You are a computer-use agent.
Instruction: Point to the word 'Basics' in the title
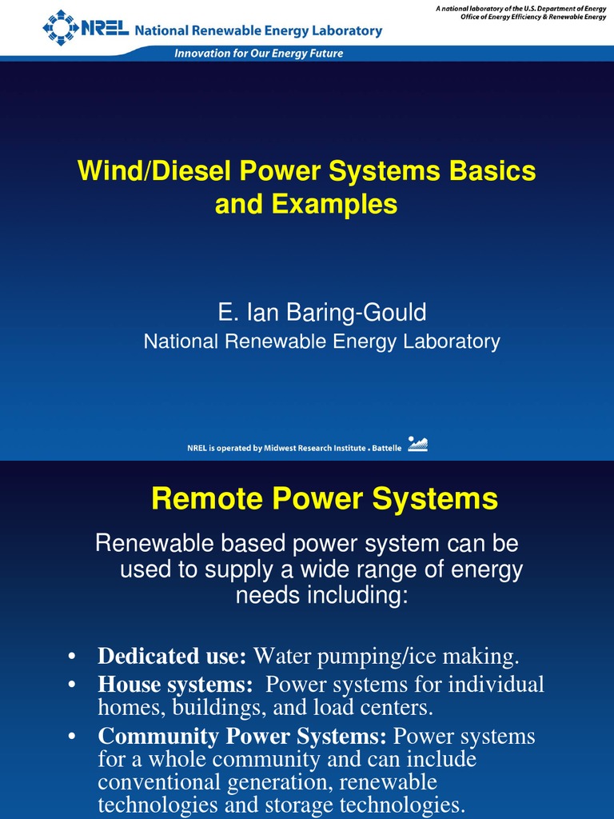tap(491, 171)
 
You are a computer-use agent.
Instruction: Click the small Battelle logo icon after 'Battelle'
tap(418, 445)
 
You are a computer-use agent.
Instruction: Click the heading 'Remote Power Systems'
tap(325, 500)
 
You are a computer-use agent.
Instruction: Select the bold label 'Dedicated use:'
tap(172, 657)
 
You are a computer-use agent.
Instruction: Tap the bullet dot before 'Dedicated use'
tap(72, 657)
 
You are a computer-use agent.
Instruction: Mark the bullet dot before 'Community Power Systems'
tap(72, 736)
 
